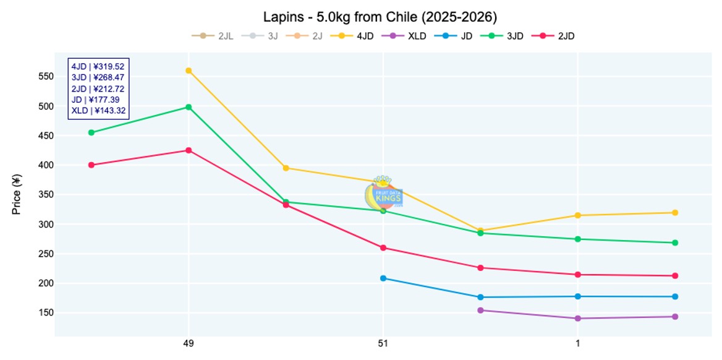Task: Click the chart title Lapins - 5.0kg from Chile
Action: [x=380, y=16]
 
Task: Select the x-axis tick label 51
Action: [x=383, y=343]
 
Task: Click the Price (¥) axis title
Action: [x=17, y=195]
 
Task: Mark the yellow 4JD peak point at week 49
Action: [x=189, y=71]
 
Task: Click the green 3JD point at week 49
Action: [x=189, y=107]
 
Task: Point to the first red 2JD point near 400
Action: [x=91, y=165]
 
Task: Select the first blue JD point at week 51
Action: [x=383, y=278]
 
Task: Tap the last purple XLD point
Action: [x=675, y=317]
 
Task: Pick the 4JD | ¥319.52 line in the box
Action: [x=98, y=66]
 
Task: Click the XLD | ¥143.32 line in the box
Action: [x=98, y=111]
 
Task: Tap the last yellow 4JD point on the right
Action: [x=675, y=213]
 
